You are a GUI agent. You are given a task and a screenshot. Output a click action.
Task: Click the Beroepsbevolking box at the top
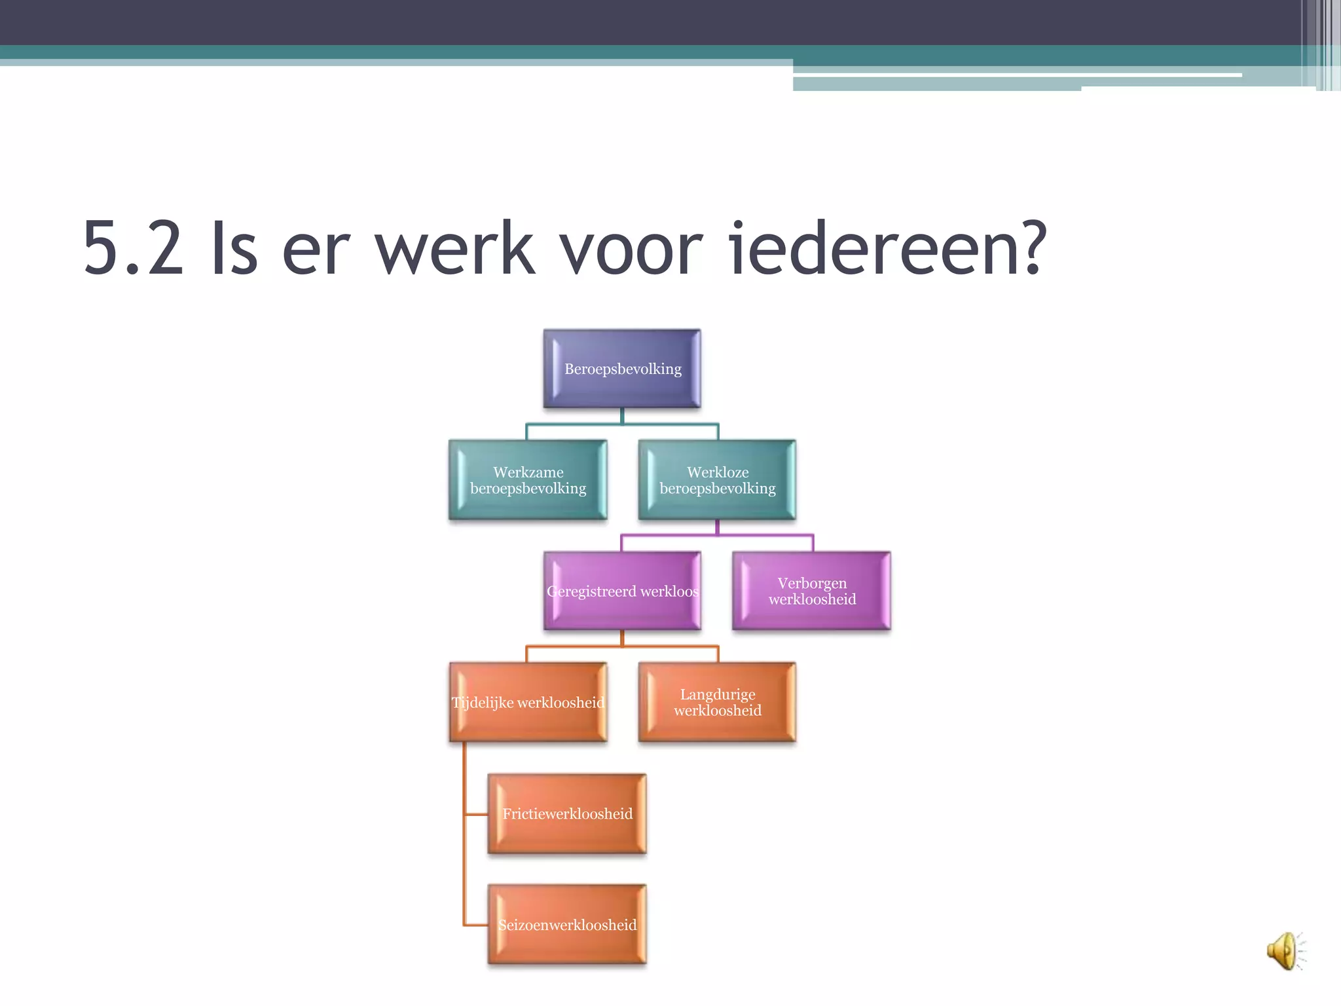coord(622,369)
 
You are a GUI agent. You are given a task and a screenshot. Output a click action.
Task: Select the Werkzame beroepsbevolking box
coord(528,480)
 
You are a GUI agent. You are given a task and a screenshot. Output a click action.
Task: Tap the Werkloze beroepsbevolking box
coord(717,480)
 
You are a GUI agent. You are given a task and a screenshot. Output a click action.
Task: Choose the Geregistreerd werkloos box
coord(622,591)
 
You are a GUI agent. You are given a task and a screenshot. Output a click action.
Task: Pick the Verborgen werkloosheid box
coord(812,591)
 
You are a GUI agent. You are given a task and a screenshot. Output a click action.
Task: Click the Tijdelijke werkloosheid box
coord(528,702)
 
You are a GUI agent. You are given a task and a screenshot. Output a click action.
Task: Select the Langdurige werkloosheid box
coord(717,702)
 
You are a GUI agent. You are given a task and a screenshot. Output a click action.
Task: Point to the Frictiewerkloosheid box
coord(567,813)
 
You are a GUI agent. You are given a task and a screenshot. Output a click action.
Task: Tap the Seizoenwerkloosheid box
coord(567,924)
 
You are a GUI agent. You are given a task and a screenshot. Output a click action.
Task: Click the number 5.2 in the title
coord(133,249)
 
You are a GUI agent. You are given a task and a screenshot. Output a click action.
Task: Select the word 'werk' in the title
coord(454,249)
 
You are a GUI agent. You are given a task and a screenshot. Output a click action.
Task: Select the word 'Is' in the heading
coord(234,249)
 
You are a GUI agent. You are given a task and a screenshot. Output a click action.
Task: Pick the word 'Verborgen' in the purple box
coord(812,583)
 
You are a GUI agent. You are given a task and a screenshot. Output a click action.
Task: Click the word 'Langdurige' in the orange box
coord(718,694)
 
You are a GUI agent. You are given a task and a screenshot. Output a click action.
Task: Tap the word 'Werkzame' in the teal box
coord(528,472)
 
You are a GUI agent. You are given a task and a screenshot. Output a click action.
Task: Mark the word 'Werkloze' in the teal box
coord(718,472)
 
